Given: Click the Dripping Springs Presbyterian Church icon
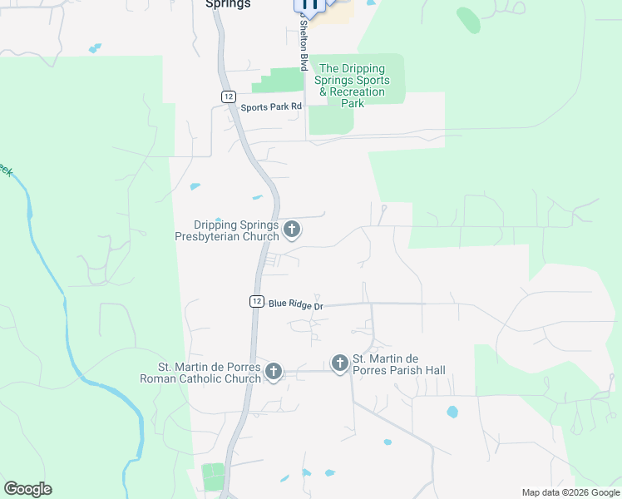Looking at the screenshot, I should click(292, 229).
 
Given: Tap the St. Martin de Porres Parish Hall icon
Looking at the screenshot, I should click(339, 363).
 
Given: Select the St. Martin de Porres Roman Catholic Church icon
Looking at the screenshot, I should click(274, 373).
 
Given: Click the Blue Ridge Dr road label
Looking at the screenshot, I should click(295, 304).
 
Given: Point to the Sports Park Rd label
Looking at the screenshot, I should click(271, 107).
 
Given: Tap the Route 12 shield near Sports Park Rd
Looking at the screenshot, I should click(228, 96).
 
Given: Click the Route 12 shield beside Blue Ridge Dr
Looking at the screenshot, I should click(256, 301).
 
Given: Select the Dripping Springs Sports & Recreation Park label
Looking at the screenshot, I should click(353, 86).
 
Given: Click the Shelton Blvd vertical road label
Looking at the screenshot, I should click(304, 46).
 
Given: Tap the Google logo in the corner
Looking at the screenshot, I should click(28, 489).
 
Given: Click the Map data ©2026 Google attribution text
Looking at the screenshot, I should click(570, 492).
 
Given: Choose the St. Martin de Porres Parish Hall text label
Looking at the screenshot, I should click(399, 365).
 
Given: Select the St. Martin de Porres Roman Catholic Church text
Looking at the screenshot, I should click(210, 373).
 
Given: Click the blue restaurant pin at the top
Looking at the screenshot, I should click(309, 6).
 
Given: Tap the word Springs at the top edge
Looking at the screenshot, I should click(228, 3).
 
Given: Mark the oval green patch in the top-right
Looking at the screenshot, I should click(468, 20).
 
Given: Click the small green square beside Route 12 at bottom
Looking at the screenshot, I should click(214, 477).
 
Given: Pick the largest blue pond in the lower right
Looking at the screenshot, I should click(452, 411).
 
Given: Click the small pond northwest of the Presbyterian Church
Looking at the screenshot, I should click(258, 197).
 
